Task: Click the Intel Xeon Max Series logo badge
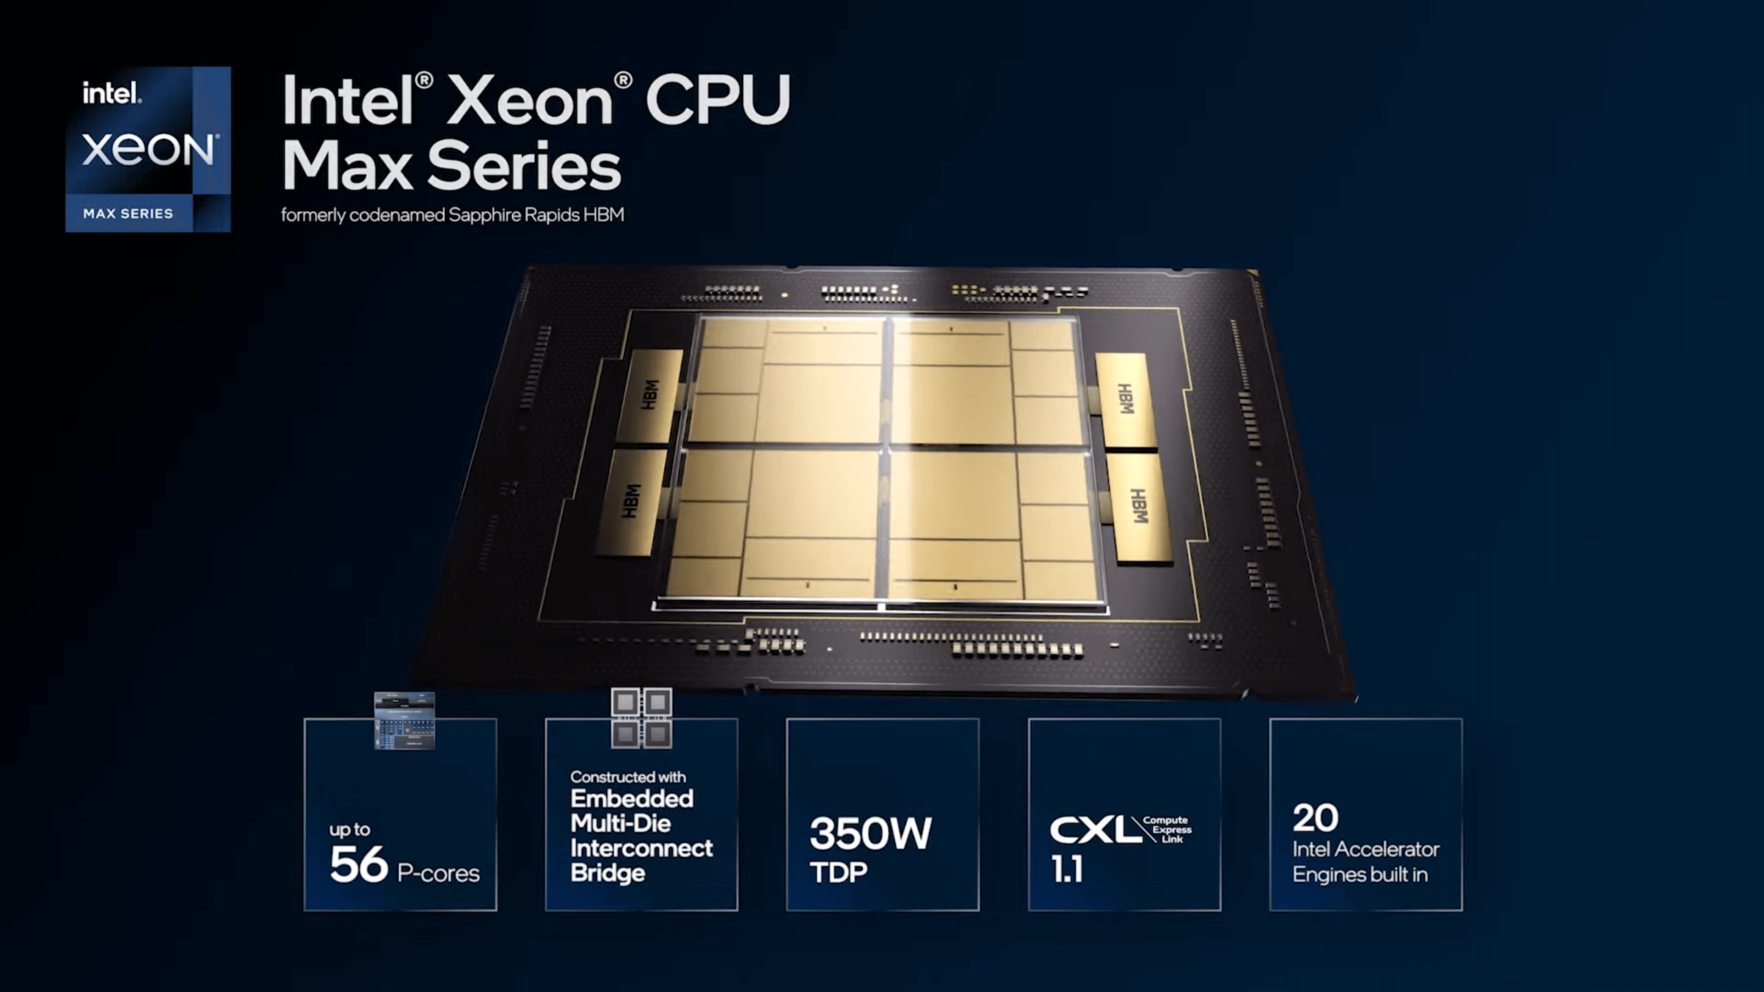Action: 148,149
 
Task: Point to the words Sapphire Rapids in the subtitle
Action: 513,215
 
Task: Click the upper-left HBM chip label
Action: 650,395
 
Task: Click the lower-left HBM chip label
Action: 631,501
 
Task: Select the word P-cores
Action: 438,873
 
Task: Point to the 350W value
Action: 871,833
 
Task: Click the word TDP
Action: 839,872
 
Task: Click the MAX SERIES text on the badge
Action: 128,214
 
